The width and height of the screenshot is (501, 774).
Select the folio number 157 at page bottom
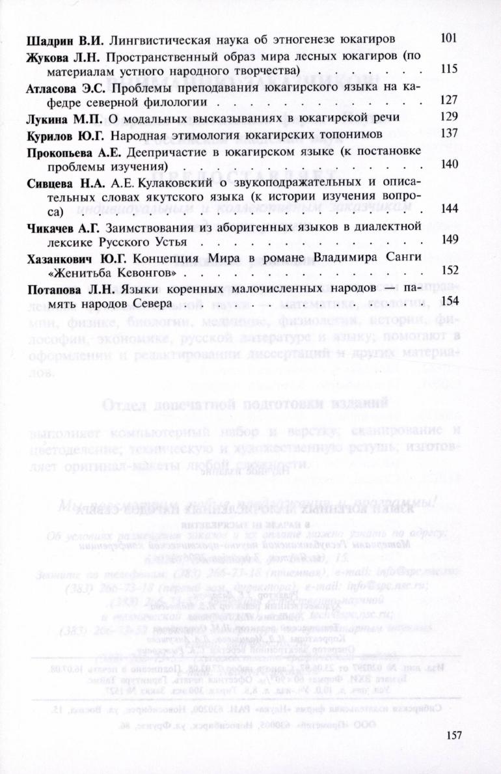(455, 734)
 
